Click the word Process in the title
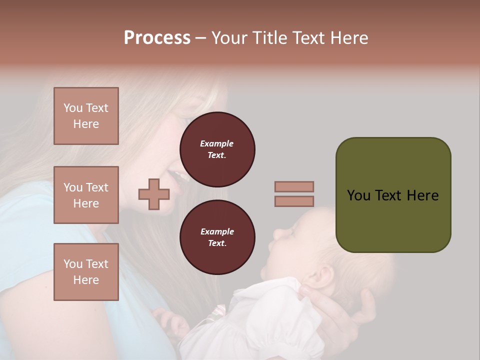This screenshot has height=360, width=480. click(157, 38)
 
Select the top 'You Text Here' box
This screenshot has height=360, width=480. click(86, 116)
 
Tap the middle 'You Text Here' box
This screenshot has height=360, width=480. click(86, 195)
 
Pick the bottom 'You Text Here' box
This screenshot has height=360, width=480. click(86, 271)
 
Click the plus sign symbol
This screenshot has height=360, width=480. click(154, 194)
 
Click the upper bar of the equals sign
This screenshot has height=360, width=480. click(294, 186)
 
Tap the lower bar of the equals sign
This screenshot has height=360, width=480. click(294, 201)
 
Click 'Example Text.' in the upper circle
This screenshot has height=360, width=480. click(217, 149)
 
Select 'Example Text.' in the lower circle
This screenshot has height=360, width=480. click(217, 237)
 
